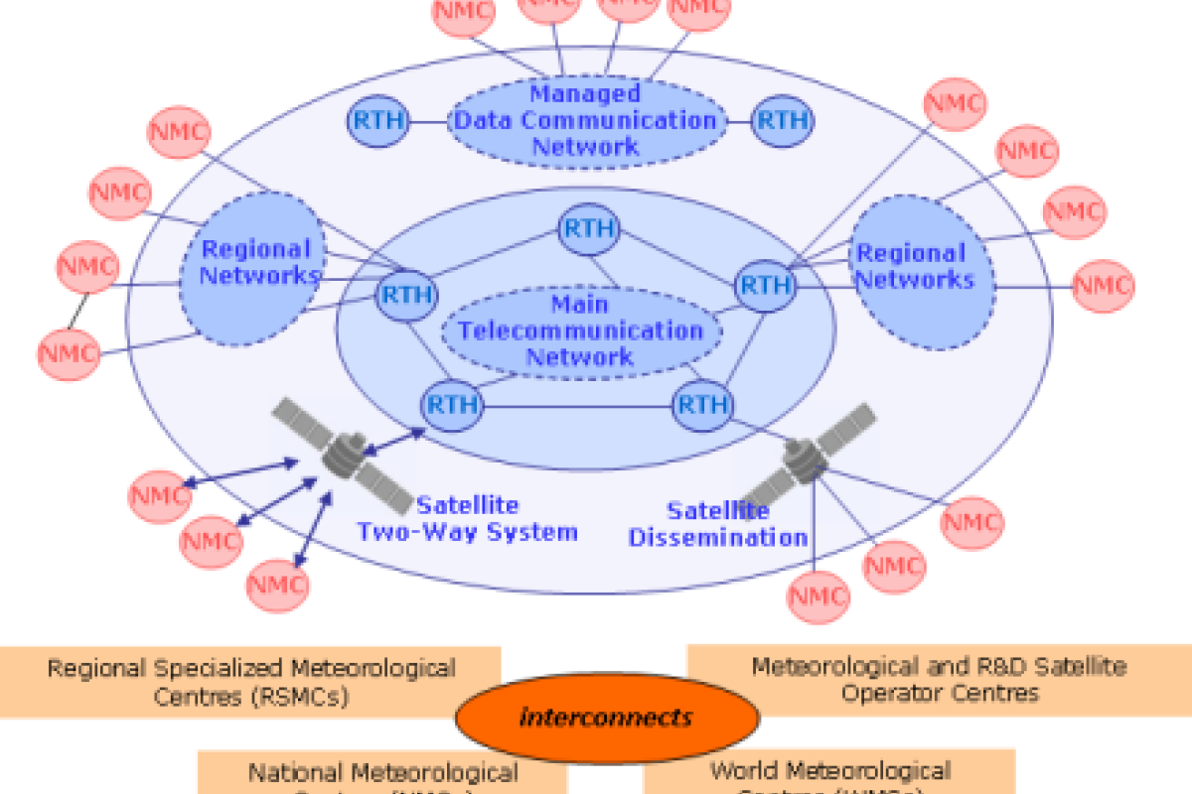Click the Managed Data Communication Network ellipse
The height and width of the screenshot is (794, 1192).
click(584, 121)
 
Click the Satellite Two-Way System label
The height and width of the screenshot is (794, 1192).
click(467, 519)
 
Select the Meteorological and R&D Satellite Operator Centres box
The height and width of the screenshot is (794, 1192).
click(939, 679)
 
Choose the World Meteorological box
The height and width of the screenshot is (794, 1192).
click(829, 772)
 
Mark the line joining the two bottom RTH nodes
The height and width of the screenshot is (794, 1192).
click(577, 406)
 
